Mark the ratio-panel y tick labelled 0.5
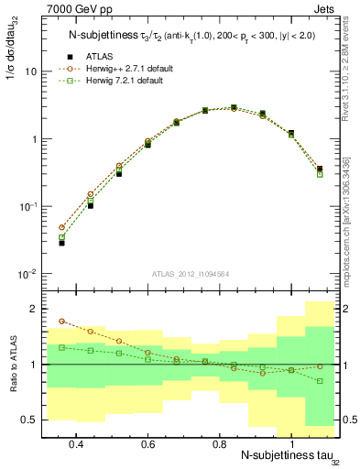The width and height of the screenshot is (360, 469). click(29, 420)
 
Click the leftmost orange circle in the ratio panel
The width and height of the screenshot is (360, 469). click(61, 322)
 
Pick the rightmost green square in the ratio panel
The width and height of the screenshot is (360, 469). click(319, 380)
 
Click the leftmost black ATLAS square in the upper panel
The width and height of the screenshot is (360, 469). click(61, 243)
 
